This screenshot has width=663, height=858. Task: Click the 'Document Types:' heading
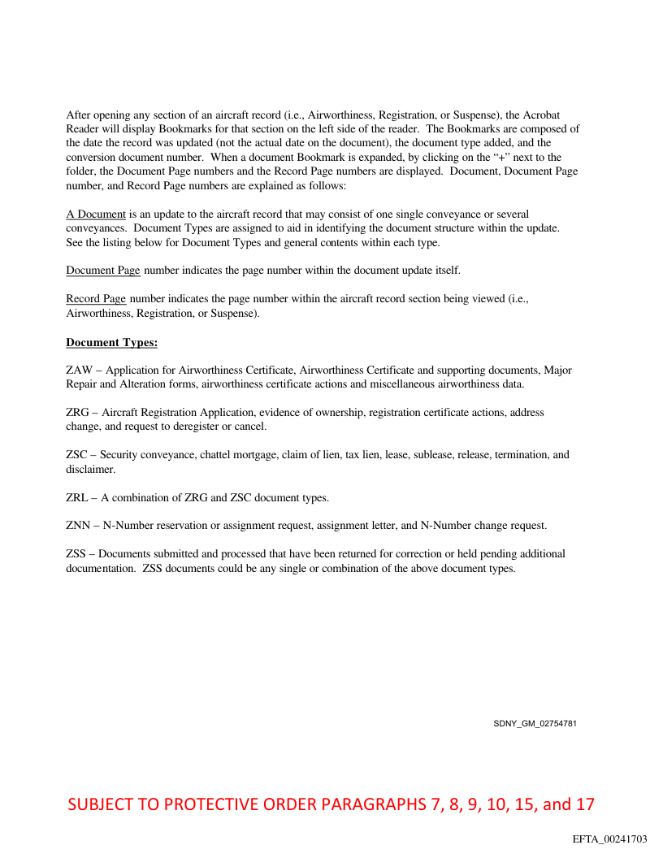point(111,343)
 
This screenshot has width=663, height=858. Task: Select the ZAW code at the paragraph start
point(80,370)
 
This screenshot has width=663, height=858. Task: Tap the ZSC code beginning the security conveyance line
point(78,455)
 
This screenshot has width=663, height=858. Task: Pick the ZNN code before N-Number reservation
point(79,526)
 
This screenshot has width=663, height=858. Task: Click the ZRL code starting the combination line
point(78,497)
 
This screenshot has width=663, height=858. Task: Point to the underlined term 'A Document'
point(96,214)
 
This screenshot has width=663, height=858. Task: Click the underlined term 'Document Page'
point(103,270)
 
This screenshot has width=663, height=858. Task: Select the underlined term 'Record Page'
point(96,299)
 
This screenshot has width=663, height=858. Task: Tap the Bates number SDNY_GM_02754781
point(535,723)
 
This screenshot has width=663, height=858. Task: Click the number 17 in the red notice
point(585,805)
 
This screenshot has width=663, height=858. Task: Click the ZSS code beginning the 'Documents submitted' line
point(77,554)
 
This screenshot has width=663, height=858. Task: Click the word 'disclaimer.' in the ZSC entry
point(90,469)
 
